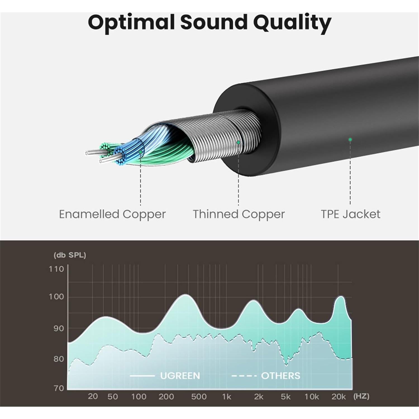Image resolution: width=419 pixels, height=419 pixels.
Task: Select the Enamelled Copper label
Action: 112,214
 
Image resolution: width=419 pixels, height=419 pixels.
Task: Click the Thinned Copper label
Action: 239,214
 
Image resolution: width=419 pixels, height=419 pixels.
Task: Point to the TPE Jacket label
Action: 350,214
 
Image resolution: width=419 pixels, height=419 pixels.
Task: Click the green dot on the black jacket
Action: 350,139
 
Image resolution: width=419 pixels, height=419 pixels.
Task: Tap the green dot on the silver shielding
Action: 238,142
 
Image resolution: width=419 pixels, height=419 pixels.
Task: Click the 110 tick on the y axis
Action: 56,269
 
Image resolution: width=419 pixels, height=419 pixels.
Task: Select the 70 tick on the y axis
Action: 59,388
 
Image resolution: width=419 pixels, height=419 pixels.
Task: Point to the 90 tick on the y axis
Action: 59,328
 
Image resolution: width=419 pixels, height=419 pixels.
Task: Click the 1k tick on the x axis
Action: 227,397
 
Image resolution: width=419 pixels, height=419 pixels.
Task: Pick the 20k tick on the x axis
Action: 339,397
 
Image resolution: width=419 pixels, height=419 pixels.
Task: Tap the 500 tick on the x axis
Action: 199,397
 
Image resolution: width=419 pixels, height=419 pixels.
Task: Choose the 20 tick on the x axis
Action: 93,396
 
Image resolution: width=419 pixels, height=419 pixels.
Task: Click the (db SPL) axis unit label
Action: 70,255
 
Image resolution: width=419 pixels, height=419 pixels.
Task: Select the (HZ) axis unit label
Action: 361,396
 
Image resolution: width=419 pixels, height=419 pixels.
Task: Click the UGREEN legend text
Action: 180,376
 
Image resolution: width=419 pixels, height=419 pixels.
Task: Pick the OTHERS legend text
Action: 280,376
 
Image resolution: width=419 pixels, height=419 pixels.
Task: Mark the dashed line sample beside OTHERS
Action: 244,376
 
